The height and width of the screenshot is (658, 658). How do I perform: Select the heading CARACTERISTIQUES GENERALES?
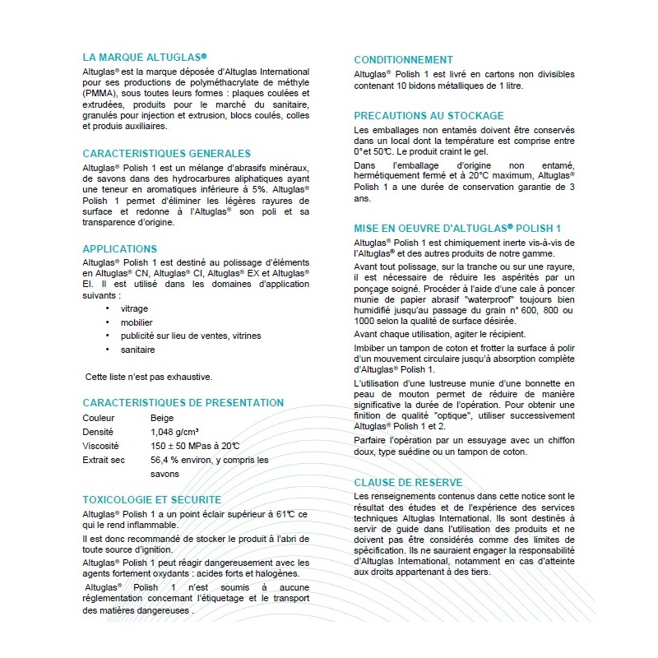pyautogui.click(x=166, y=154)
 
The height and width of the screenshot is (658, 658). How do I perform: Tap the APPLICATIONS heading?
pyautogui.click(x=119, y=248)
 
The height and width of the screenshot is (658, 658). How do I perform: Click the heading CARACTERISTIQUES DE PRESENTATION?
pyautogui.click(x=183, y=402)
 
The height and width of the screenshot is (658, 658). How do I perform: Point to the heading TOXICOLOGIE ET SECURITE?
pyautogui.click(x=151, y=499)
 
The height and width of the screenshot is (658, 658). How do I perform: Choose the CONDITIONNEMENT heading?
pyautogui.click(x=403, y=60)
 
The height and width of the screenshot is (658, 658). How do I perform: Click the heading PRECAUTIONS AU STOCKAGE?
pyautogui.click(x=429, y=116)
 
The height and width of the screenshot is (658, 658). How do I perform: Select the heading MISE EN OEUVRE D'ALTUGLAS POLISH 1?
pyautogui.click(x=457, y=227)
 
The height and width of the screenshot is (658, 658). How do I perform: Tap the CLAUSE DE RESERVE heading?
pyautogui.click(x=408, y=483)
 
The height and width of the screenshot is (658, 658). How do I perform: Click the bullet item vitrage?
pyautogui.click(x=135, y=308)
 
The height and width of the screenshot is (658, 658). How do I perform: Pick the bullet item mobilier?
pyautogui.click(x=137, y=322)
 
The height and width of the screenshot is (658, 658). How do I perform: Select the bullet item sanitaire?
pyautogui.click(x=137, y=350)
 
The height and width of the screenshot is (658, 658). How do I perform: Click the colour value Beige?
pyautogui.click(x=162, y=418)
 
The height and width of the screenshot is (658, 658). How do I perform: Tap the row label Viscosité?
pyautogui.click(x=100, y=446)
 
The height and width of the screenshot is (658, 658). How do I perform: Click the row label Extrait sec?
pyautogui.click(x=104, y=460)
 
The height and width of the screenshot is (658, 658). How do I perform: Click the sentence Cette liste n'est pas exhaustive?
pyautogui.click(x=150, y=377)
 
